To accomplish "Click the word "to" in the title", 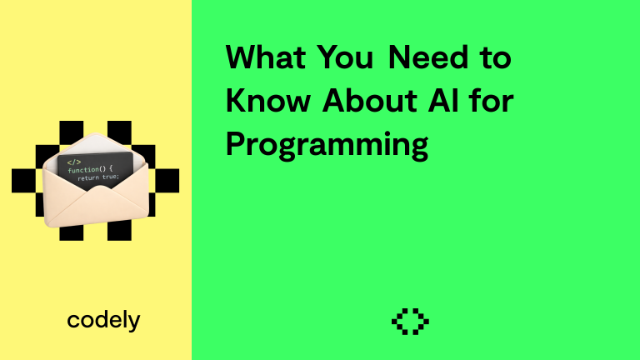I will pos(496,58).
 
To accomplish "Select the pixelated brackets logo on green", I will pos(410,321).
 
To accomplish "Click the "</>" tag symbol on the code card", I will pos(74,161).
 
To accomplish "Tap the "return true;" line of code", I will pos(98,177).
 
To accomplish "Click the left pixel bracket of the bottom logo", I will pos(399,321).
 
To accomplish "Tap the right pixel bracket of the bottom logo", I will pos(422,321).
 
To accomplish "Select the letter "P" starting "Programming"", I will pos(236,145).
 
